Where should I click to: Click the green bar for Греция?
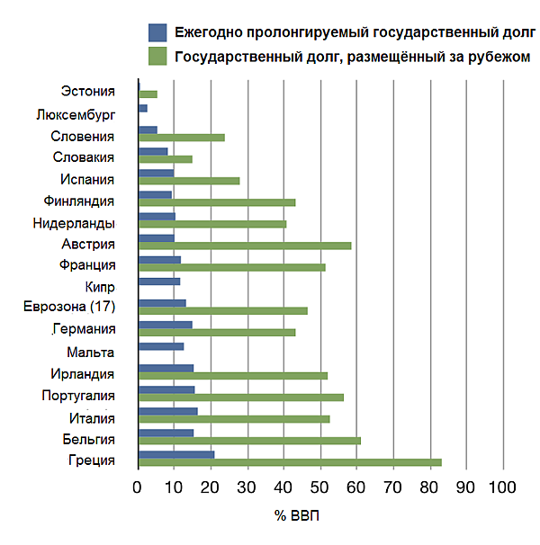[x=290, y=462]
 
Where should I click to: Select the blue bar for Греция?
[x=176, y=454]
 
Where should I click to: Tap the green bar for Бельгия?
[x=249, y=441]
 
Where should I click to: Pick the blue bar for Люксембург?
[x=142, y=108]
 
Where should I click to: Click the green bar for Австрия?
[x=245, y=245]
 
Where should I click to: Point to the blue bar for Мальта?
[x=161, y=346]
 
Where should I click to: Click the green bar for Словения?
[x=181, y=138]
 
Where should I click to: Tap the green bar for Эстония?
[x=148, y=94]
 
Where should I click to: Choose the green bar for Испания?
[x=189, y=181]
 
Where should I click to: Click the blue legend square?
[x=157, y=33]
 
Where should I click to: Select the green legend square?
[x=157, y=57]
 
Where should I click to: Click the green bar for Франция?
[x=231, y=267]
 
